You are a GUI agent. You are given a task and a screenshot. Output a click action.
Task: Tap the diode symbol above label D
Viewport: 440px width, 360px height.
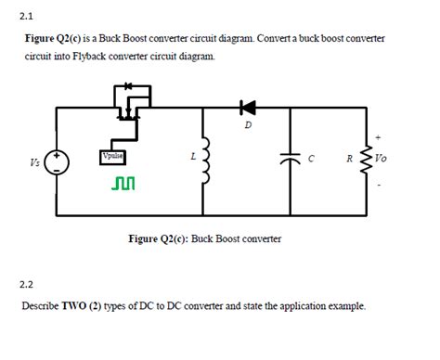point(247,108)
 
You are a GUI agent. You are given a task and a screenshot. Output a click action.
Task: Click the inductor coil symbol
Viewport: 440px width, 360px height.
point(205,161)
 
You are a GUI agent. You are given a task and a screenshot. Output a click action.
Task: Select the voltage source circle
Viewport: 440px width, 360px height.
point(58,161)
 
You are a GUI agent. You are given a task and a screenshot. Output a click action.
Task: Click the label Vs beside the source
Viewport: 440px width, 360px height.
point(34,162)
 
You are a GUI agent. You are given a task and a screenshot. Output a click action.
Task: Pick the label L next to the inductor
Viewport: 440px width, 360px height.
point(191,157)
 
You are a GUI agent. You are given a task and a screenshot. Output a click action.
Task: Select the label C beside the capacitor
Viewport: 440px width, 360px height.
point(312,159)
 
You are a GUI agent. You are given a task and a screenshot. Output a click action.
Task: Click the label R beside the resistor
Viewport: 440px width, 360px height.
point(348,159)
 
